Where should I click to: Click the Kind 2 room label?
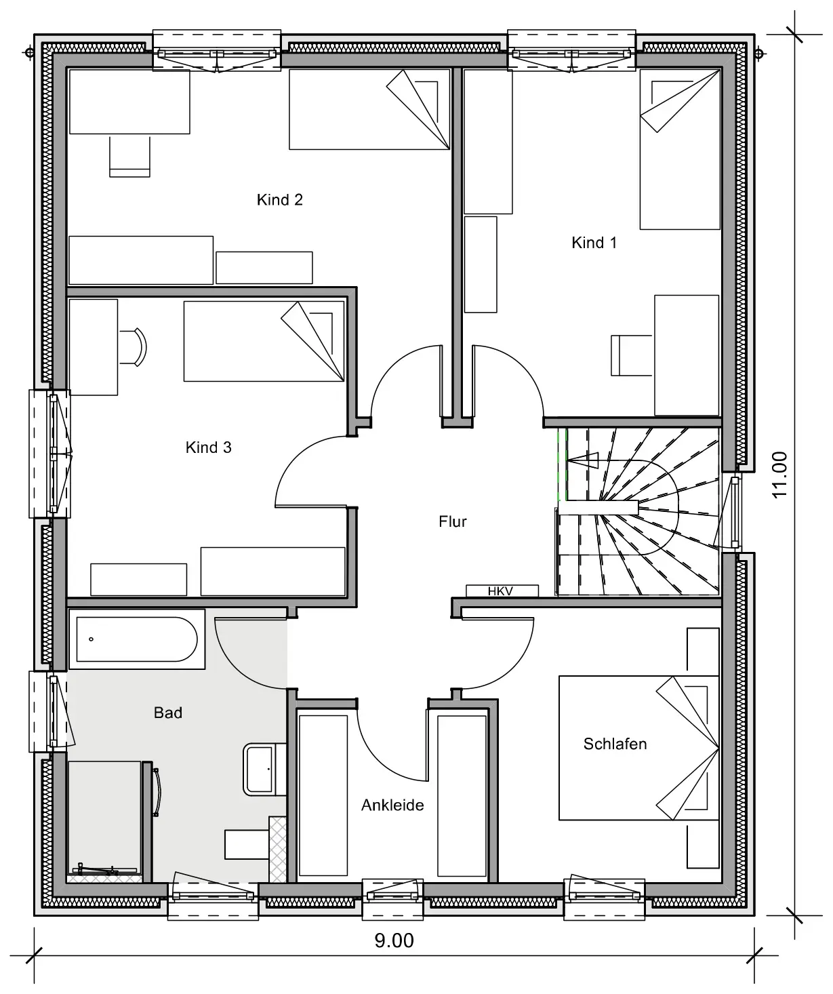[x=279, y=199]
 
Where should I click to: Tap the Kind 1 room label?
[x=594, y=243]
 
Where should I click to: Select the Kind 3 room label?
[x=208, y=447]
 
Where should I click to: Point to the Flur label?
[x=452, y=521]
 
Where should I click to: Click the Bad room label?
[x=168, y=713]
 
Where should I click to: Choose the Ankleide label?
[x=392, y=805]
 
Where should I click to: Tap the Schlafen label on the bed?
[x=615, y=744]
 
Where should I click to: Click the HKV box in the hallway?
[x=502, y=591]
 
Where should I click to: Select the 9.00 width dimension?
[x=394, y=940]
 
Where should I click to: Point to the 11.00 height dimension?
[x=779, y=475]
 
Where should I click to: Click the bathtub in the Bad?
[x=137, y=639]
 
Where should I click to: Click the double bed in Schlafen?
[x=638, y=748]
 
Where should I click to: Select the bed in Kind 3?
[x=264, y=341]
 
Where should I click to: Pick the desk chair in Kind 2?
[x=129, y=157]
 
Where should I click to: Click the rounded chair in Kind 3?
[x=133, y=347]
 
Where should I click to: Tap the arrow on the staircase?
[x=582, y=460]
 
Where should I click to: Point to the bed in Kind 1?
[x=680, y=149]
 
